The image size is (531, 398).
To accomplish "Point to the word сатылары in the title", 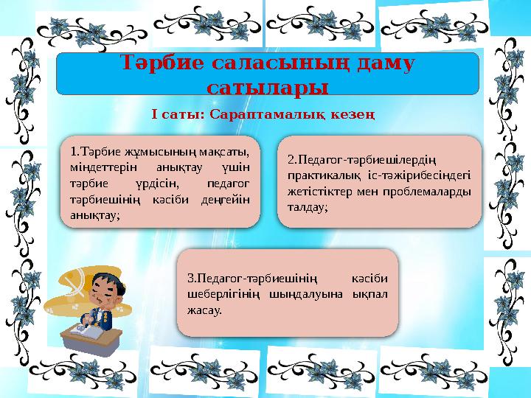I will (268, 88).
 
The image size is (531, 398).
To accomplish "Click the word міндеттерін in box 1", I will (100, 167).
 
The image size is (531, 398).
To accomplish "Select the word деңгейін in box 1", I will (224, 199).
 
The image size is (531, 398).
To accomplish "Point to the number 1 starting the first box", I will (73, 152).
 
